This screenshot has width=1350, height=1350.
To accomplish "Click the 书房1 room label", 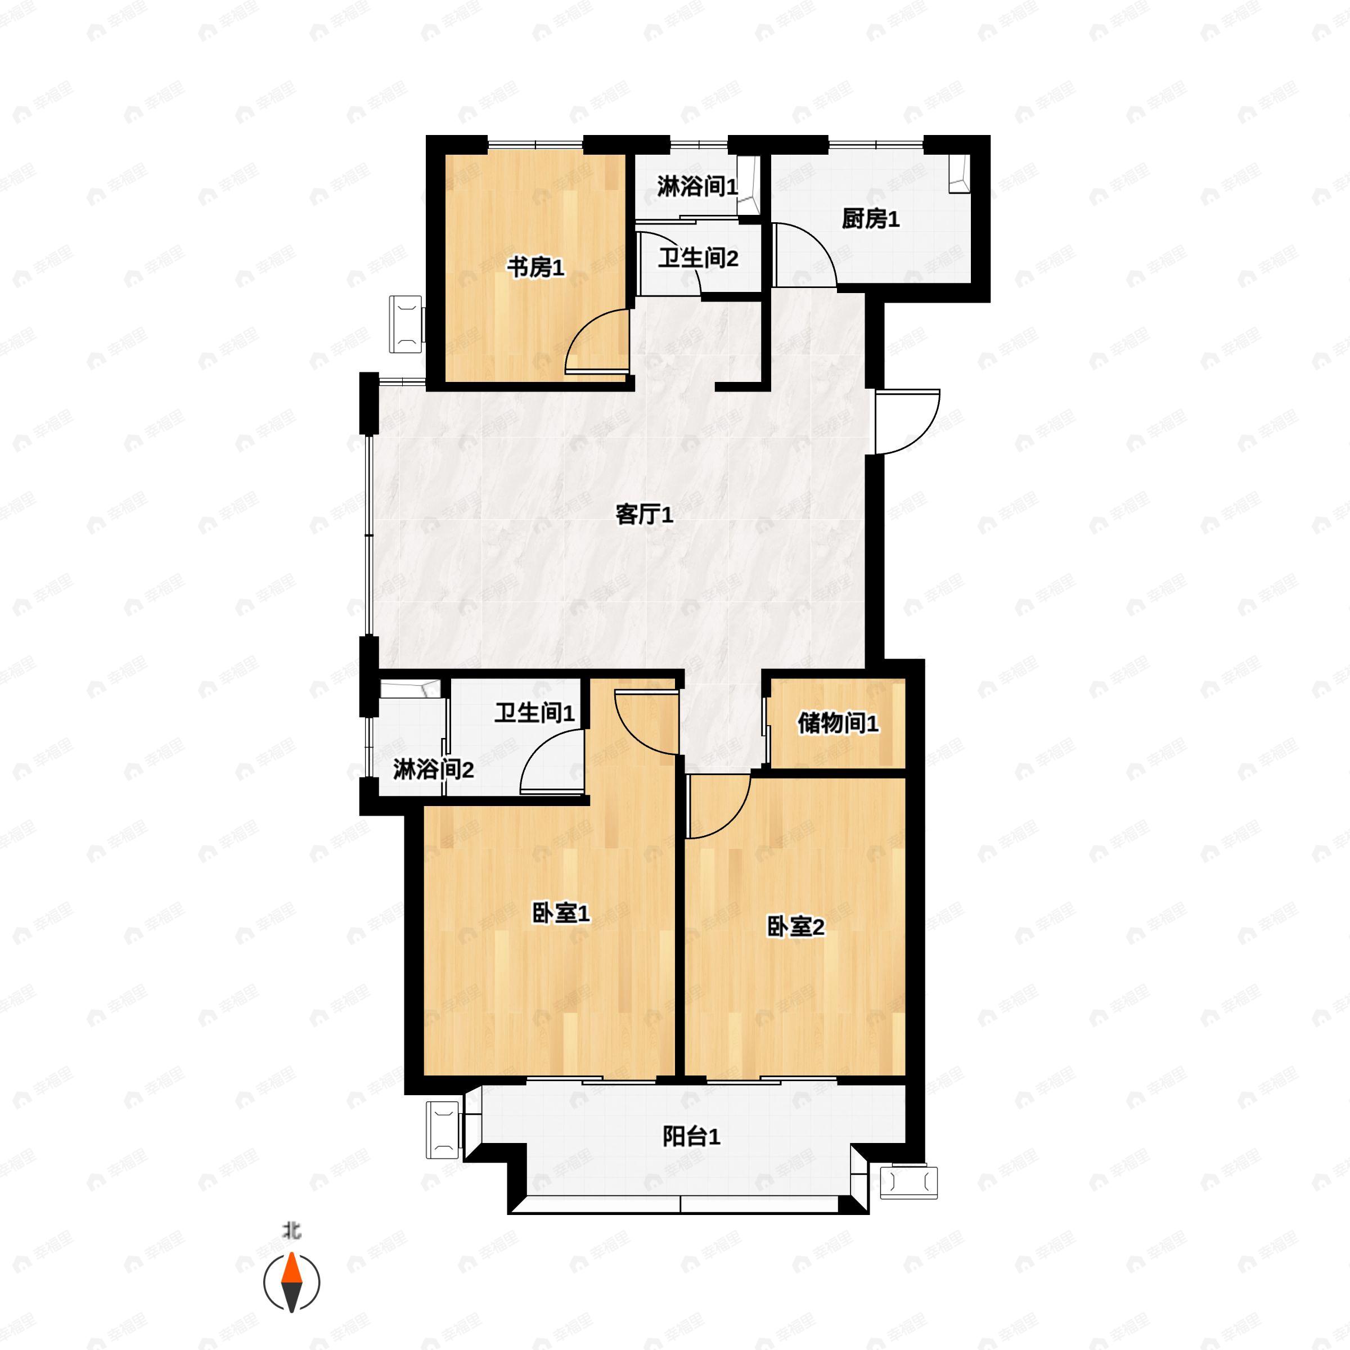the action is click(535, 267).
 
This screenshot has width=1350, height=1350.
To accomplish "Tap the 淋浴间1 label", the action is click(697, 187).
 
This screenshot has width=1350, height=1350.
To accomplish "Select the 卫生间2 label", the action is click(698, 259).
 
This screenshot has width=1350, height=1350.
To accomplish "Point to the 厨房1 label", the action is click(870, 219).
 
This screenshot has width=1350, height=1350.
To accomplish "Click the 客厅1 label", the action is click(644, 515).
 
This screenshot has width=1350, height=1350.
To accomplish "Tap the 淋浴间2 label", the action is click(433, 770).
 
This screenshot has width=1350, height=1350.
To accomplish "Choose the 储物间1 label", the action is click(838, 723).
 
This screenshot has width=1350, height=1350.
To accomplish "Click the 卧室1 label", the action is click(561, 912).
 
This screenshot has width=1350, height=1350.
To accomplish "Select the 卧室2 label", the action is click(796, 926).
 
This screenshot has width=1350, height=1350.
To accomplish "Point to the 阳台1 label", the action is click(691, 1137).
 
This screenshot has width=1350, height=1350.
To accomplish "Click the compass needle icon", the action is click(291, 1282).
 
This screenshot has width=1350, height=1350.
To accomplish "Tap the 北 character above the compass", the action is click(291, 1230).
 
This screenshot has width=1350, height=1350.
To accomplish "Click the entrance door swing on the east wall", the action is click(906, 421).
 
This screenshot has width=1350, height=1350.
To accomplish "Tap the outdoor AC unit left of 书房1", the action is click(407, 324).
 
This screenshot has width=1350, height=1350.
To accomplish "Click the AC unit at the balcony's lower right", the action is click(908, 1182).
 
